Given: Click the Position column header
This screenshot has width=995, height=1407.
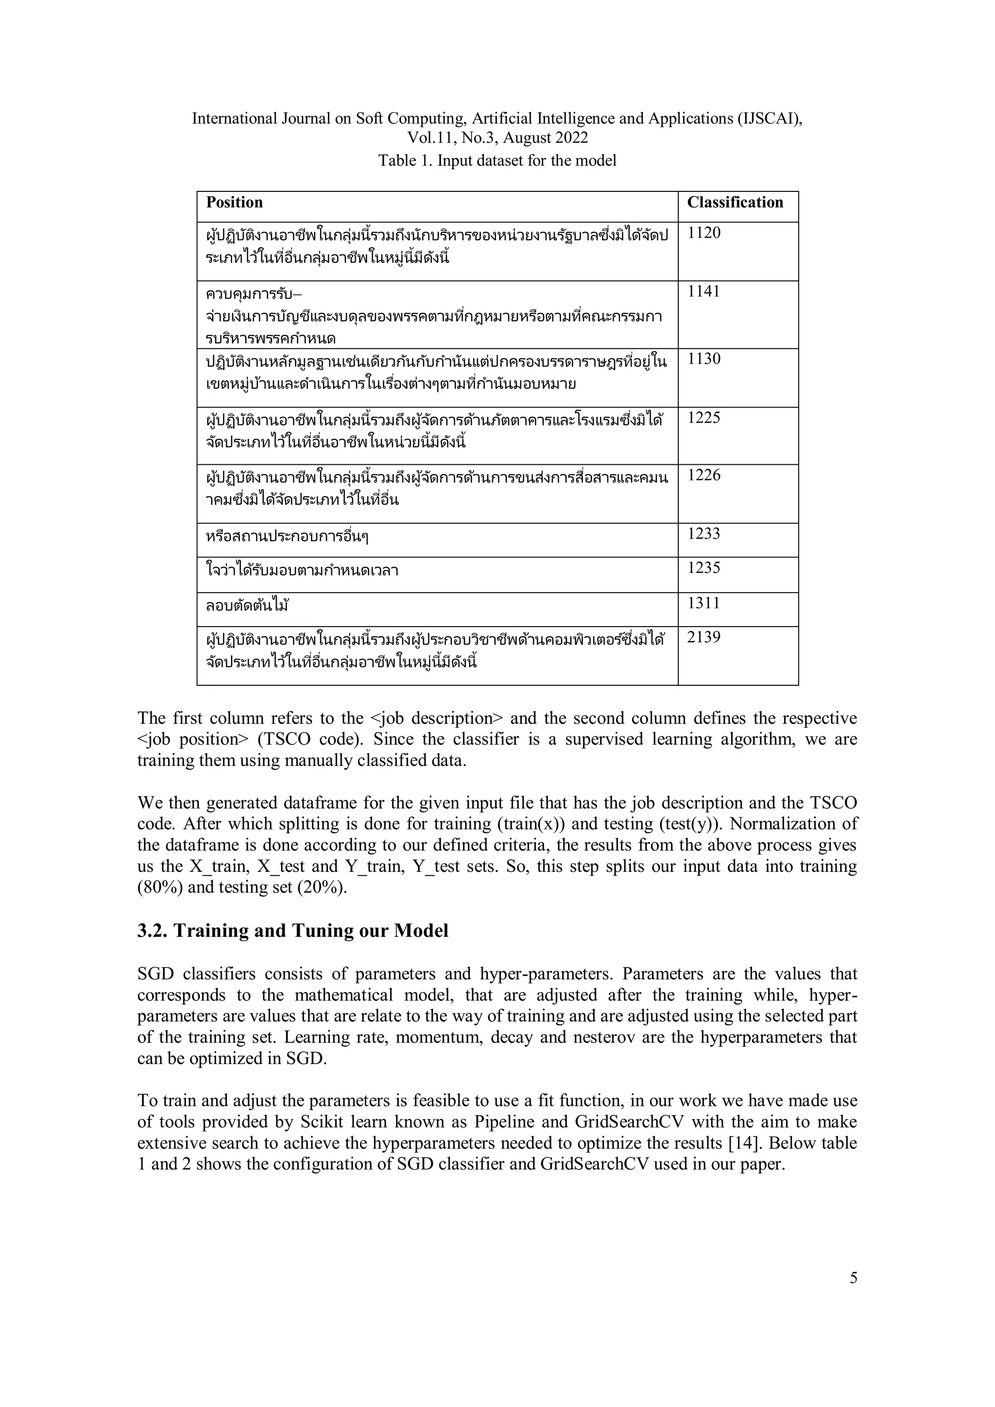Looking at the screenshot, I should point(234,203).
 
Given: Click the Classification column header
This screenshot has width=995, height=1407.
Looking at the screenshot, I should point(735,203).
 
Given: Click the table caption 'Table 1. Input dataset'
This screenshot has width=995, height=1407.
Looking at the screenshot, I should point(497,161).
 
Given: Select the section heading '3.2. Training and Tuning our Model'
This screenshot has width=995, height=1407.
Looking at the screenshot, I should point(292,931).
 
